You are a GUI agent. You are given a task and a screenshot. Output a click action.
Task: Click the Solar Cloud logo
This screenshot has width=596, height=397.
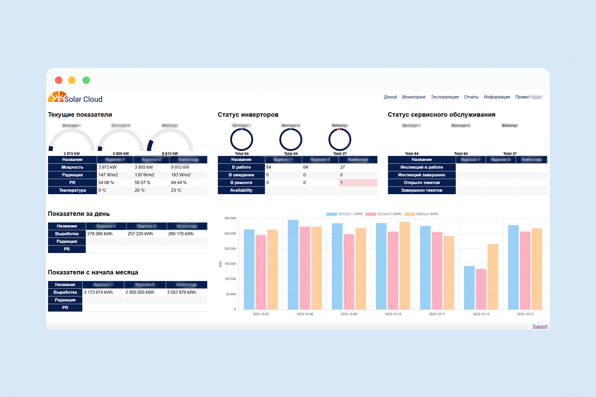[75, 98]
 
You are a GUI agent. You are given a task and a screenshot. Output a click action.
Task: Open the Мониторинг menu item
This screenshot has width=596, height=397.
[414, 97]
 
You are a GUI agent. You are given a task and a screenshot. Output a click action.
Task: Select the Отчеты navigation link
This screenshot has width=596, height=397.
[471, 97]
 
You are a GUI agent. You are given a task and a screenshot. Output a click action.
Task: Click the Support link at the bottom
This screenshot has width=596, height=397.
[539, 326]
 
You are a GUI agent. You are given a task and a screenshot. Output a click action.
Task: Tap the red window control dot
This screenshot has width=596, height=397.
[59, 80]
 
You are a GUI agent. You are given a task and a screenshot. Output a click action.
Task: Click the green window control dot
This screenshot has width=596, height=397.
[86, 80]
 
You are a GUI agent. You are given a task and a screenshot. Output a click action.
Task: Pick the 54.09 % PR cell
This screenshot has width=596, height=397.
[106, 183]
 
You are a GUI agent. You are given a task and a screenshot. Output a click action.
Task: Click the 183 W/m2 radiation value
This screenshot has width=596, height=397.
[181, 175]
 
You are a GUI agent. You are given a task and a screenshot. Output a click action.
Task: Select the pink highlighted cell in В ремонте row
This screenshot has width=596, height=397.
[357, 183]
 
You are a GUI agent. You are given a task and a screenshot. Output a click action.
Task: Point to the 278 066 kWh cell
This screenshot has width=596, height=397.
[100, 234]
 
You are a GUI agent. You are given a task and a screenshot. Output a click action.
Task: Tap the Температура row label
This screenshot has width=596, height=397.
[72, 190]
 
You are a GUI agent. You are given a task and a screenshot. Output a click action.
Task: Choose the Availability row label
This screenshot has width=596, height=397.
[241, 190]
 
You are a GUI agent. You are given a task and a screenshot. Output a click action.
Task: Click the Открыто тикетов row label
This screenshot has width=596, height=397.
[421, 183]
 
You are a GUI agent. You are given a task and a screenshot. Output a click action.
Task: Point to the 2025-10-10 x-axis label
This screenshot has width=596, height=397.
[393, 314]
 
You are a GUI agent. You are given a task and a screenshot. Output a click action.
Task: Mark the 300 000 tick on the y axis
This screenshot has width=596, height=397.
[230, 218]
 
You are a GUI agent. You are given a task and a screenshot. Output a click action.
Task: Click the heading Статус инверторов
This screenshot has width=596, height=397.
[248, 115]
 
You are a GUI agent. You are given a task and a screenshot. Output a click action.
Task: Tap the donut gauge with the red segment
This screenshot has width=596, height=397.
[340, 140]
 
